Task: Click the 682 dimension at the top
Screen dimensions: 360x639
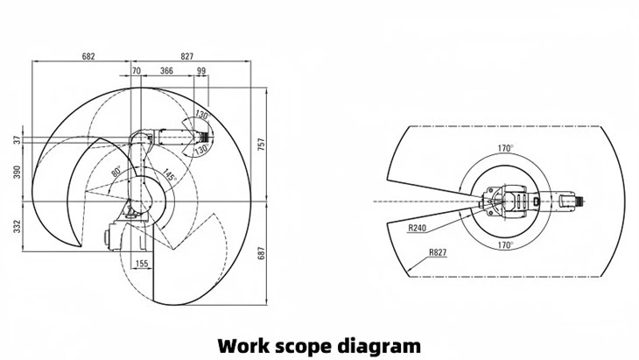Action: click(x=88, y=56)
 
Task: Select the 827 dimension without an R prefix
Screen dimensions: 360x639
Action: click(x=187, y=56)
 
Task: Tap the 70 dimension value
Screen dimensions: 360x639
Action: click(x=136, y=71)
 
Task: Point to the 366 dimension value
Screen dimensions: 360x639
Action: click(x=166, y=71)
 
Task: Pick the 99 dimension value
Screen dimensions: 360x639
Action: click(x=202, y=71)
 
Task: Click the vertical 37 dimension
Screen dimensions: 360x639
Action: click(x=17, y=139)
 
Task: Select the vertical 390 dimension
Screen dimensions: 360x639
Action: click(x=17, y=173)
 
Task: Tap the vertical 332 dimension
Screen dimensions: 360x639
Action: click(x=17, y=227)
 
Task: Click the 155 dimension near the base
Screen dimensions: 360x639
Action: click(x=140, y=263)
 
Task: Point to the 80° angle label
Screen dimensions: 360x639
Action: click(x=116, y=173)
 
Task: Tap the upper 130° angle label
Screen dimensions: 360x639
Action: click(x=201, y=116)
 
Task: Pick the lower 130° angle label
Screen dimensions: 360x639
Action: click(x=200, y=151)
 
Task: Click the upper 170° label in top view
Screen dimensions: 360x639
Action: click(x=505, y=148)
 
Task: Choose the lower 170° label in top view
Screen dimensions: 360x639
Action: click(x=505, y=245)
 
